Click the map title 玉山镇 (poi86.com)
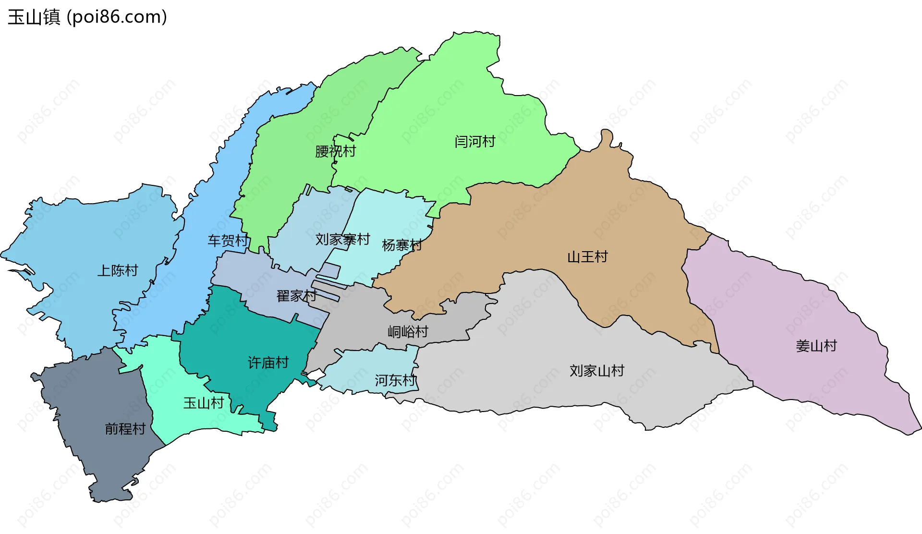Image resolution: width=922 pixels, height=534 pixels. (x=87, y=17)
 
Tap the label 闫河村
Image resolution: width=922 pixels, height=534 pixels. (x=474, y=142)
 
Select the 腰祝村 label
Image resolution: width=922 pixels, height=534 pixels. (x=335, y=151)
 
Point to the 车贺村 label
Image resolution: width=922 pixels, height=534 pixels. (x=228, y=240)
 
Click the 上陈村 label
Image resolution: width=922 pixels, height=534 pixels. (x=118, y=271)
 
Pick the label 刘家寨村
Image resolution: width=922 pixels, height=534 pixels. (x=342, y=239)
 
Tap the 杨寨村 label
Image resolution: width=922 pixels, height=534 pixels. (x=401, y=245)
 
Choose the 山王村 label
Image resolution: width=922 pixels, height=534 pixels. (x=587, y=257)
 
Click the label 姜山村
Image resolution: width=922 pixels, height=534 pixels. (x=816, y=346)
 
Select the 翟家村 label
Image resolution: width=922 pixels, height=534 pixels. (x=296, y=296)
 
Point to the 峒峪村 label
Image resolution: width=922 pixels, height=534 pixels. (x=408, y=332)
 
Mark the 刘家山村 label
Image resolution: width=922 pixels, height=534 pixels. (x=597, y=371)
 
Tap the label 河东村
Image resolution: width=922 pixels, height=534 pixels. (x=395, y=381)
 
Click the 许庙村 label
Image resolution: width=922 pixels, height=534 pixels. (x=268, y=363)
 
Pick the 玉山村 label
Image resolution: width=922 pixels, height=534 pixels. (x=204, y=403)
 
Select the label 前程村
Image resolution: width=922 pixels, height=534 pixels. (x=125, y=429)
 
